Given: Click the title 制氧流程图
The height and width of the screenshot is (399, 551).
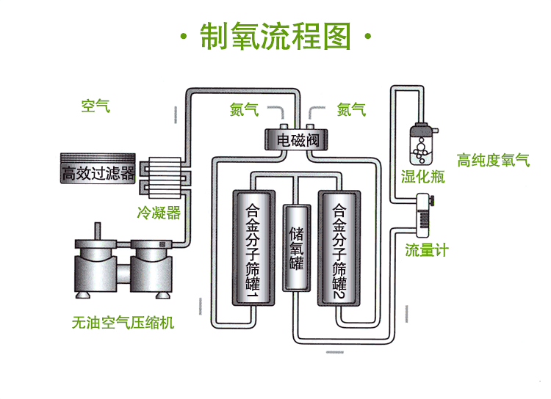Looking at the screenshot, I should coord(275,37).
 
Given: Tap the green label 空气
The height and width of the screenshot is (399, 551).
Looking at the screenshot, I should coord(96,106).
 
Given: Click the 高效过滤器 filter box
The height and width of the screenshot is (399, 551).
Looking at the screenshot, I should coord(98,173).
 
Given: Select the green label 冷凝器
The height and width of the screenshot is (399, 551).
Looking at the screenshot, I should coord(159,213).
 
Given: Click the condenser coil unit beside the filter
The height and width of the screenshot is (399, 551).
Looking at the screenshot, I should coord(164,177).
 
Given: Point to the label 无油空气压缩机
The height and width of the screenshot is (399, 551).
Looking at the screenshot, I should coord(123,321).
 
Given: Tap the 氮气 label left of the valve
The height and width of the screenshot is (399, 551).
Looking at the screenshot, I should coord(244,110).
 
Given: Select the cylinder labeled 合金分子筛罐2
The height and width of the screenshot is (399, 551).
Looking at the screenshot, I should coord(339,248).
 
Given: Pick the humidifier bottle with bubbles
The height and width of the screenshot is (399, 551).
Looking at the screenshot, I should coord(422,144).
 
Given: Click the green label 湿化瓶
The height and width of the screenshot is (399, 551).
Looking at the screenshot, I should coord(422,177).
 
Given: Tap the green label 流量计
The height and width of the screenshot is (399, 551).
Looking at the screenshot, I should coord(427,249).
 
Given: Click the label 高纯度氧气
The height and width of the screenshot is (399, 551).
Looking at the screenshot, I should coord(493,161).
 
